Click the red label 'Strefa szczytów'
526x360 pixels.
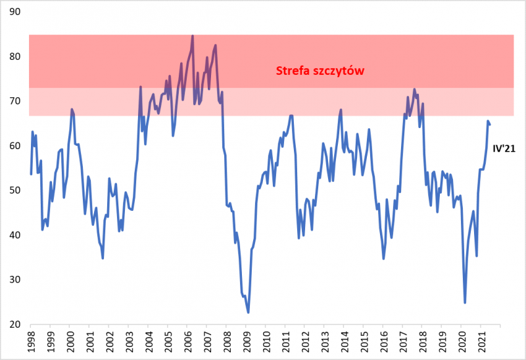pos(320,71)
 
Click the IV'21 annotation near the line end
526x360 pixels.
pos(503,149)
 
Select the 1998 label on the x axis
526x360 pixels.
pos(31,342)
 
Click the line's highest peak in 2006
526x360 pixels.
pos(193,35)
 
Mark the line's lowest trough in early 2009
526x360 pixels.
pos(249,312)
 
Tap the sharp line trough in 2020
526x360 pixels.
pos(465,303)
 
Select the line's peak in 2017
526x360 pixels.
pos(414,89)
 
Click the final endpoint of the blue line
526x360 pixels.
pos(490,124)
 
